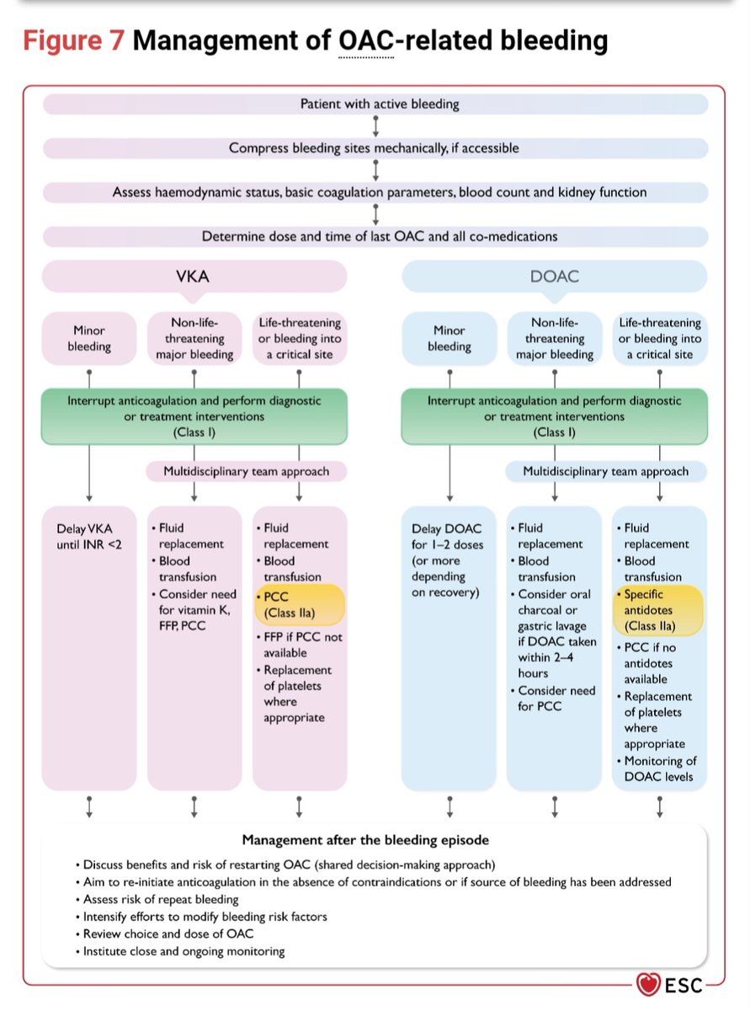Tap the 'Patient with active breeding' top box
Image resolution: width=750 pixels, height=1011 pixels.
[x=375, y=104]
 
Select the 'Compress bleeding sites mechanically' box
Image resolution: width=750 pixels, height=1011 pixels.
[x=375, y=148]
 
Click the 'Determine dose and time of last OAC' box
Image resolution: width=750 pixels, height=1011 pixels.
[x=375, y=237]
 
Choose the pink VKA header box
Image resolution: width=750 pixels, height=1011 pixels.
[x=194, y=276]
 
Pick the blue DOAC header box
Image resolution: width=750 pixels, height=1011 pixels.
[x=555, y=276]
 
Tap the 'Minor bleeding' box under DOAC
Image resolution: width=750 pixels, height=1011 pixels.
[x=449, y=338]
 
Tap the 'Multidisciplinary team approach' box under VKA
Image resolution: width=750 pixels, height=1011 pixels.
[x=247, y=472]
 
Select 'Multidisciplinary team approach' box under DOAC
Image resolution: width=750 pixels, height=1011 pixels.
[x=606, y=472]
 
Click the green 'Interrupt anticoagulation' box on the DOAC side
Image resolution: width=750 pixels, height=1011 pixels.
[x=554, y=416]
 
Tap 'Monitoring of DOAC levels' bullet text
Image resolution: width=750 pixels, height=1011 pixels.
[x=659, y=768]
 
